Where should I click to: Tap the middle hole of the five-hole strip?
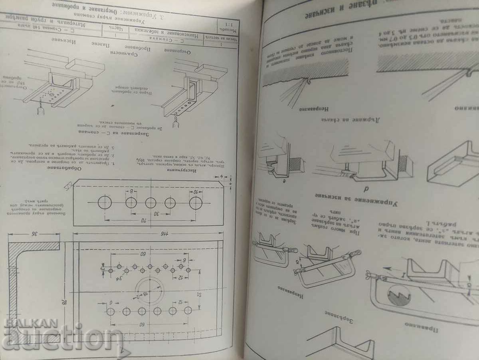point(150,203)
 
